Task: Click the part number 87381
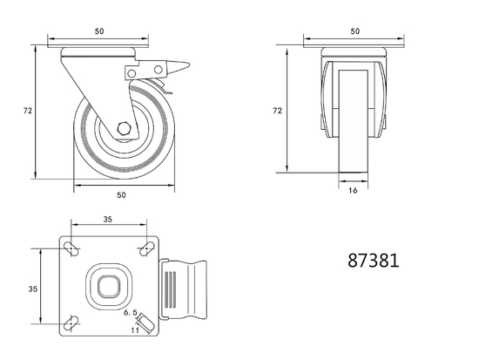click(x=373, y=260)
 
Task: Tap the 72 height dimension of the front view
click(x=278, y=111)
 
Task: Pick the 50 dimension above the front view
click(x=354, y=31)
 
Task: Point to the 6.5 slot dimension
click(x=132, y=311)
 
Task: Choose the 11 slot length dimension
click(x=135, y=330)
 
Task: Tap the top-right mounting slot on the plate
click(x=144, y=252)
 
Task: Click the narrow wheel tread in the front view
click(x=354, y=122)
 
